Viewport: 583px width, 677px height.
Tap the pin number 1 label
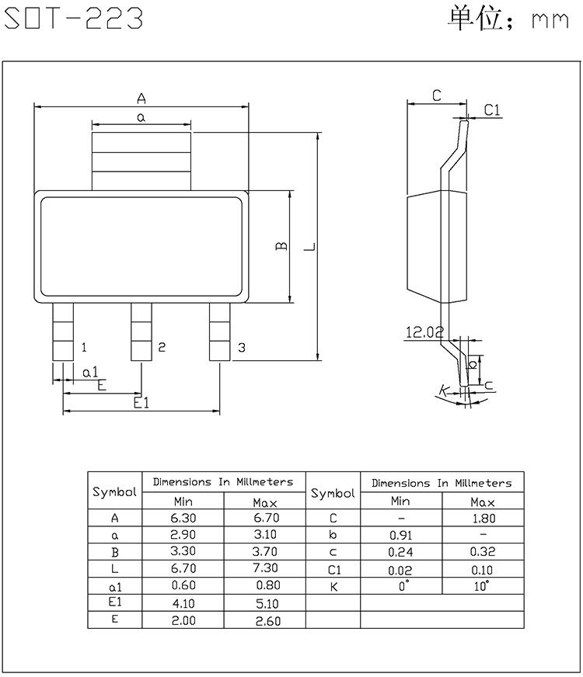pos(84,347)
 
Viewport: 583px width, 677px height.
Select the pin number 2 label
pos(162,347)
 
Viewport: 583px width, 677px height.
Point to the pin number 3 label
pos(242,347)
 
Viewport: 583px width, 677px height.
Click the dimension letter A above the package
pos(141,99)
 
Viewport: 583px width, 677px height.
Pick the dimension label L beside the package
pos(310,247)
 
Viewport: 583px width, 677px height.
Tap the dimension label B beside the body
pos(281,246)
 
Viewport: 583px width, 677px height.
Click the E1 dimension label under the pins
pos(141,403)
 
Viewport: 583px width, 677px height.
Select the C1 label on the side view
pos(492,110)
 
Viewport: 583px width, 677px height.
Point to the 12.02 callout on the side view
pos(424,332)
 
